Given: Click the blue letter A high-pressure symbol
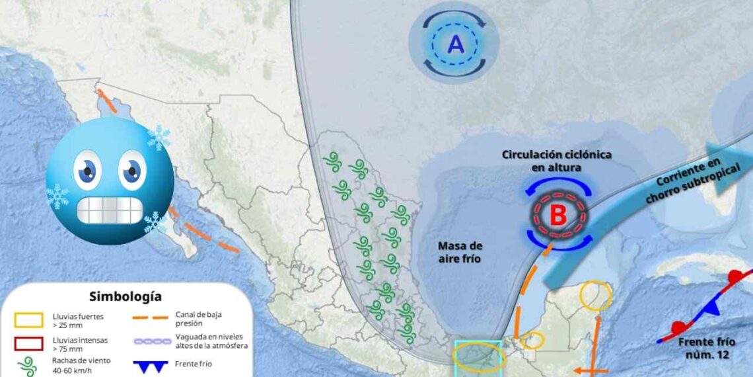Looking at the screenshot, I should pyautogui.click(x=456, y=44).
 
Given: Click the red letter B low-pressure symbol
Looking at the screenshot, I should pyautogui.click(x=559, y=216).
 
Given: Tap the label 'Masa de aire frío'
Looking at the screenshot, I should pyautogui.click(x=460, y=252).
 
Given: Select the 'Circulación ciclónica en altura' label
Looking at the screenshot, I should pyautogui.click(x=556, y=161).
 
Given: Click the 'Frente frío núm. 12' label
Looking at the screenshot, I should pyautogui.click(x=705, y=348).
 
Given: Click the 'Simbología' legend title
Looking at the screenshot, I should pyautogui.click(x=125, y=297).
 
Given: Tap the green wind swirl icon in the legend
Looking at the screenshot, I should pyautogui.click(x=28, y=366).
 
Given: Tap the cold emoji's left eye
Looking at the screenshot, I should pyautogui.click(x=87, y=170).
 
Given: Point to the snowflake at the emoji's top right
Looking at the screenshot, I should pyautogui.click(x=159, y=138).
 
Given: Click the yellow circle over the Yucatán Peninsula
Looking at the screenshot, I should pyautogui.click(x=596, y=296).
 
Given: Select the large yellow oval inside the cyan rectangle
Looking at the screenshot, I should pyautogui.click(x=479, y=358).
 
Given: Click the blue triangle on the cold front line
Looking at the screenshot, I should pyautogui.click(x=710, y=307).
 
